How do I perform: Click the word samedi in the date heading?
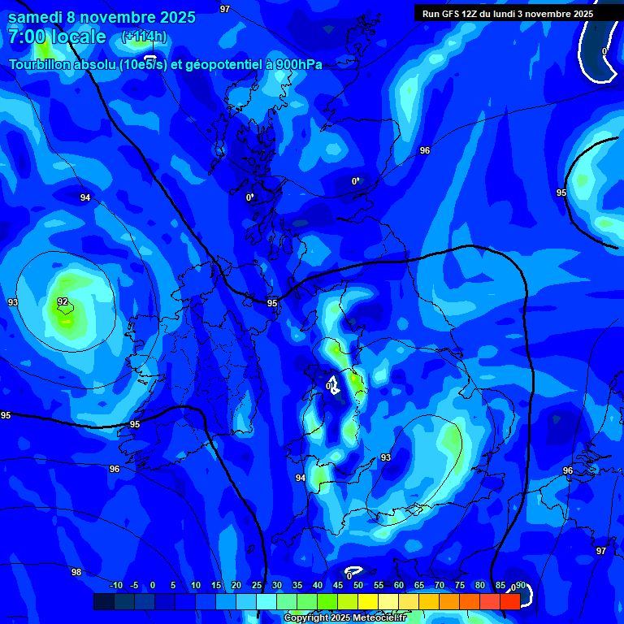tap(36, 16)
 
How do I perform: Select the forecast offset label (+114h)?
tap(144, 37)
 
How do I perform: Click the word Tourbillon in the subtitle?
tap(41, 64)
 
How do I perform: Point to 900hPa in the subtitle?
tap(300, 64)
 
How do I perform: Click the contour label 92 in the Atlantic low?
tap(63, 301)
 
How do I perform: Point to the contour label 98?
tap(76, 572)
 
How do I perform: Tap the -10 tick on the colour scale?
tap(116, 585)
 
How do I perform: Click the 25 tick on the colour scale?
tap(256, 585)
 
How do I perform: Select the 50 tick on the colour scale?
tap(357, 585)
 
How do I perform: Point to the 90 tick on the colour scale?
tap(520, 585)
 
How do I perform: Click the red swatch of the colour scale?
tap(509, 601)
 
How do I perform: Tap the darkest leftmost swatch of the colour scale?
tap(103, 601)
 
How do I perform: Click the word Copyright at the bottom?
tap(308, 617)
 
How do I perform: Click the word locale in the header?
tap(78, 37)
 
